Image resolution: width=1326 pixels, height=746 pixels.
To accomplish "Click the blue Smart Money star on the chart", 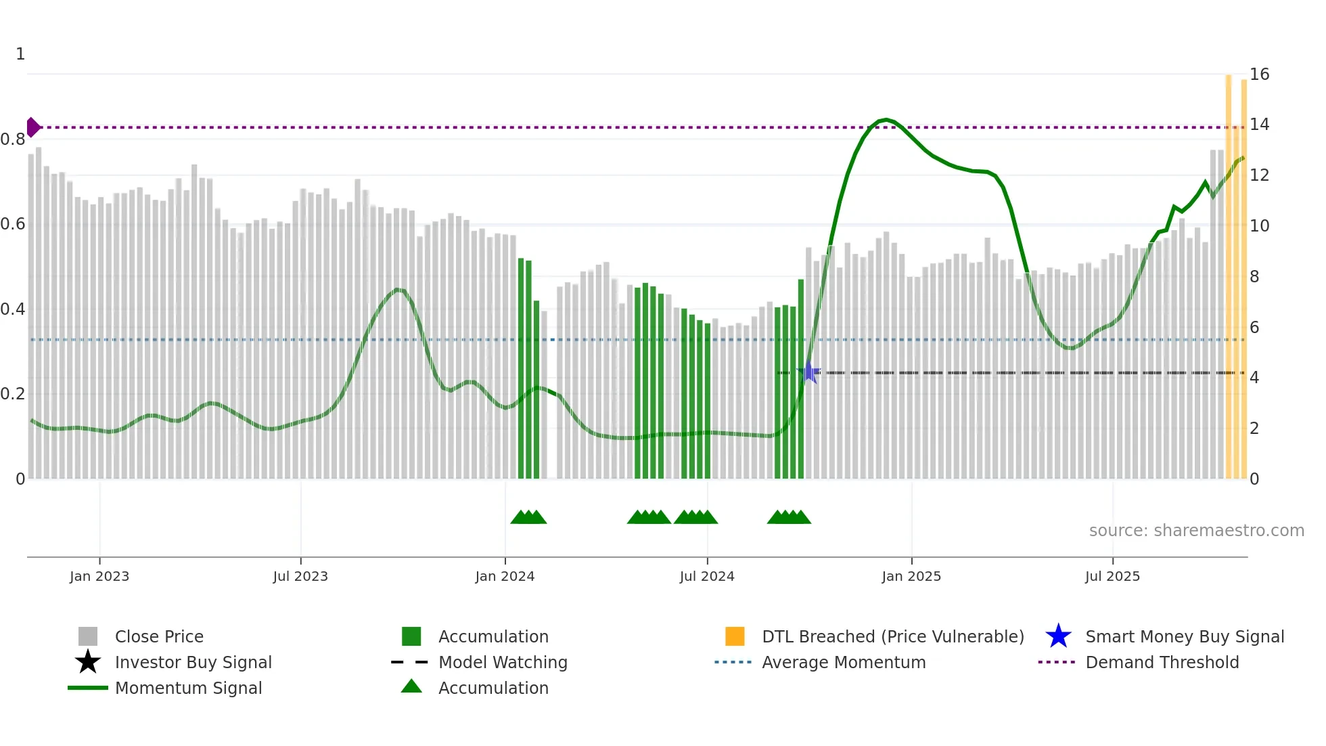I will click(809, 372).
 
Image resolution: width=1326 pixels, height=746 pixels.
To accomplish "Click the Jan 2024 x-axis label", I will click(505, 576).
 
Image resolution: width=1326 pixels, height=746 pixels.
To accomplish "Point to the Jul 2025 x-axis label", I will click(1112, 576).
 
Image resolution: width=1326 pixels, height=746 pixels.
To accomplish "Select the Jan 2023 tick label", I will click(99, 576).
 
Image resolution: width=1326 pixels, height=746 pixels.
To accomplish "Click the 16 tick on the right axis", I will click(1259, 74).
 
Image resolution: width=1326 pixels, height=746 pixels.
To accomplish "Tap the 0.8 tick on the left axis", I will click(13, 139).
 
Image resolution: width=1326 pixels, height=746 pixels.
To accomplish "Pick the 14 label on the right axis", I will click(1259, 125).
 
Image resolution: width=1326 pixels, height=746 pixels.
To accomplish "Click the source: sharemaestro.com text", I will click(1196, 530).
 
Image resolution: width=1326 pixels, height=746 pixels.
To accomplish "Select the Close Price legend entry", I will click(159, 636).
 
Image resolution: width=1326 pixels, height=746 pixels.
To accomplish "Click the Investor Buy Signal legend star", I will click(88, 662).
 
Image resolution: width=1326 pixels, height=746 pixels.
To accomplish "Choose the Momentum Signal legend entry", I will click(188, 688).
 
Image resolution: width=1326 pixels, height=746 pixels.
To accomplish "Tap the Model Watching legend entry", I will click(503, 662).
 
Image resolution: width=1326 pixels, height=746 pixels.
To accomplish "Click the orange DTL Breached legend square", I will click(735, 636).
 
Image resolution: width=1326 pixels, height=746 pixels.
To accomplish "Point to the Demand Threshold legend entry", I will click(1162, 662).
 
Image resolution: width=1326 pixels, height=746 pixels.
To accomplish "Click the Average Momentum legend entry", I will click(843, 662).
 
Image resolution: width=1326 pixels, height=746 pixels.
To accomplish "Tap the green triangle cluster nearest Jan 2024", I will click(528, 517).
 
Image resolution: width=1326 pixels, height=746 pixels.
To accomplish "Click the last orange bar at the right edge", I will click(1243, 278).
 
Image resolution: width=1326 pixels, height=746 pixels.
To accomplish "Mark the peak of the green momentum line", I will click(886, 120).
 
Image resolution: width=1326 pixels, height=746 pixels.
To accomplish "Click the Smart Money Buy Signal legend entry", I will click(1184, 636).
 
